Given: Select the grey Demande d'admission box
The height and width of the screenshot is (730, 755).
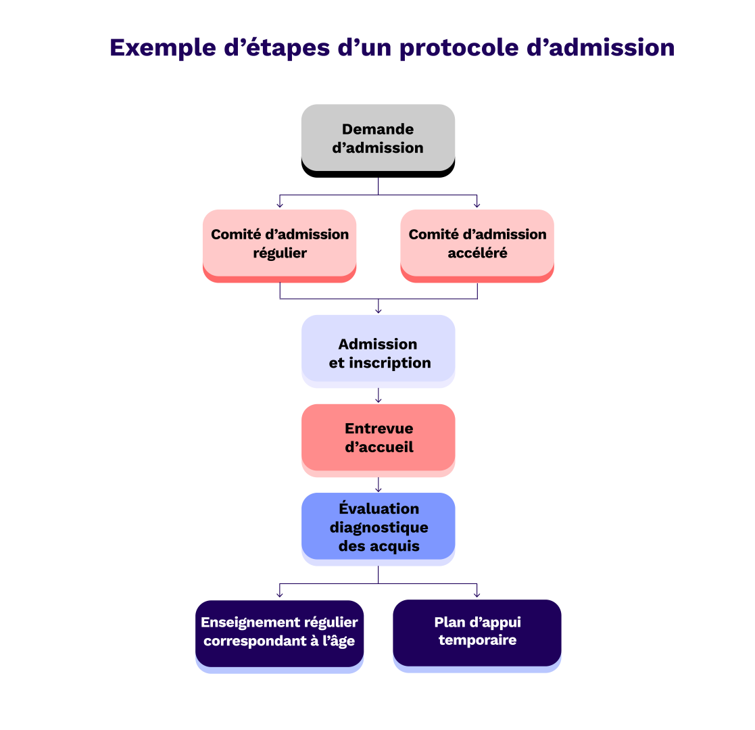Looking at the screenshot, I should tap(378, 138).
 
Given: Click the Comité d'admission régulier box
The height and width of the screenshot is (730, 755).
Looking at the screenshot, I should tap(280, 243).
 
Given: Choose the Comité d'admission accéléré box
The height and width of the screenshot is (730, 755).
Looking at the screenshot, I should tap(477, 243).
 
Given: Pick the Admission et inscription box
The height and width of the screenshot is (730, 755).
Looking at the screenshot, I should tap(378, 349).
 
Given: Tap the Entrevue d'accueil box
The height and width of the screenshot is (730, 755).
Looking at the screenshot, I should tap(378, 437).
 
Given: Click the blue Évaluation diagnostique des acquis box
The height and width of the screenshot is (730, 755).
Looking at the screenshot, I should tap(378, 527).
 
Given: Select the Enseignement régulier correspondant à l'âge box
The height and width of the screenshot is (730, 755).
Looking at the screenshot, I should tap(280, 632).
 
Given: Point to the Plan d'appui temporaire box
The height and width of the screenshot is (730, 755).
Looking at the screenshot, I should tap(477, 631).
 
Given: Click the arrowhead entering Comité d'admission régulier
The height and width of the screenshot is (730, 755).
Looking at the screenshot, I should tap(280, 205).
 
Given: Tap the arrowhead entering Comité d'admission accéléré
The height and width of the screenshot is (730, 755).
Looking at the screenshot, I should tap(477, 205).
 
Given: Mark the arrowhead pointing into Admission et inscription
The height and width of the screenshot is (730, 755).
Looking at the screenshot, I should tap(378, 310).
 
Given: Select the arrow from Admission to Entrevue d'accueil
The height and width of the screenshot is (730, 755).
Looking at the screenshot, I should tap(378, 396).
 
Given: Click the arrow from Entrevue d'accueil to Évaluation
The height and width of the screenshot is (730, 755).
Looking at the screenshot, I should tap(378, 485).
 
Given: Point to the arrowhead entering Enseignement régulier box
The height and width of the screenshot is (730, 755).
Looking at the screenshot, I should tap(280, 594).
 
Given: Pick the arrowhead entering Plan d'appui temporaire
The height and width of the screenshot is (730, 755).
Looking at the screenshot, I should tap(477, 594).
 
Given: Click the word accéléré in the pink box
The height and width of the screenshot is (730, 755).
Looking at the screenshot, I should tap(477, 253).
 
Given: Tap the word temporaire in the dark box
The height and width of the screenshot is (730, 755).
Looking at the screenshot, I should tap(477, 640).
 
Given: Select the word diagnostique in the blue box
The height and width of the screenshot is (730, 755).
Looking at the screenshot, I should tap(379, 527).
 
